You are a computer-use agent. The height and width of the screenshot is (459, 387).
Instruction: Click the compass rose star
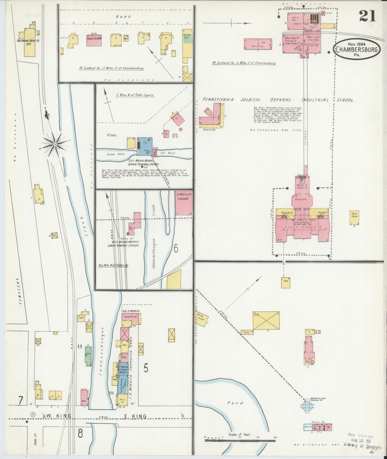click(x=55, y=144)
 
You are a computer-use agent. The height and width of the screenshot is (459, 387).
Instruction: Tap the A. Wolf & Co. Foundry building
click(x=184, y=202)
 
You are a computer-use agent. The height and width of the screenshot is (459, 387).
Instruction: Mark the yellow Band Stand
click(x=354, y=217)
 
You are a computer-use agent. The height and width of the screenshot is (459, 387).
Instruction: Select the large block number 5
click(x=146, y=369)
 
